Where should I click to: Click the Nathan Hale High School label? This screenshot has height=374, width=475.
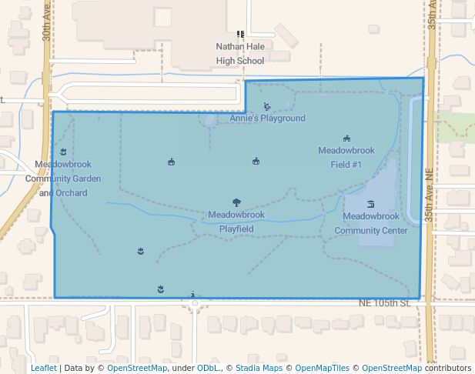pyautogui.click(x=239, y=53)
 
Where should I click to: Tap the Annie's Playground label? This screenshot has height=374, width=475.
pyautogui.click(x=267, y=119)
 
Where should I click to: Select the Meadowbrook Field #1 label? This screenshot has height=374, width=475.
pyautogui.click(x=346, y=157)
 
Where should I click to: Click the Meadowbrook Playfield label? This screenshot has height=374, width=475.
pyautogui.click(x=236, y=222)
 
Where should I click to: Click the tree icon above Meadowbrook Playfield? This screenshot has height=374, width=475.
pyautogui.click(x=236, y=203)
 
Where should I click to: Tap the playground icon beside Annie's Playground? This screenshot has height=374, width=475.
pyautogui.click(x=267, y=107)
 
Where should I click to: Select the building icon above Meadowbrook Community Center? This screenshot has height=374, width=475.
pyautogui.click(x=371, y=204)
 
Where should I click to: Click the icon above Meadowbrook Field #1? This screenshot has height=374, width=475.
pyautogui.click(x=346, y=139)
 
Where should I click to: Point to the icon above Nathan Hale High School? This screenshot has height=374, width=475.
pyautogui.click(x=240, y=34)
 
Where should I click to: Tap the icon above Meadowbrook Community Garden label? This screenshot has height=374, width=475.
pyautogui.click(x=63, y=152)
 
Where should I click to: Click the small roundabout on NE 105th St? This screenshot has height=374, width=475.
pyautogui.click(x=195, y=303)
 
